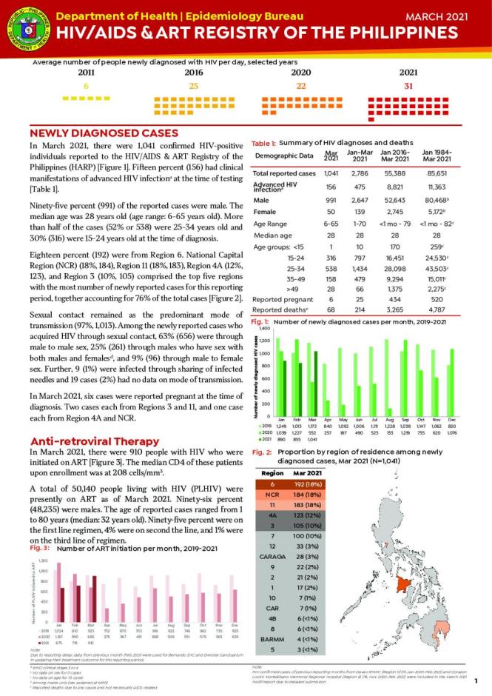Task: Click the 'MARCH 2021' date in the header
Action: [448, 15]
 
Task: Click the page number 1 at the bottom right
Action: [477, 680]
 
